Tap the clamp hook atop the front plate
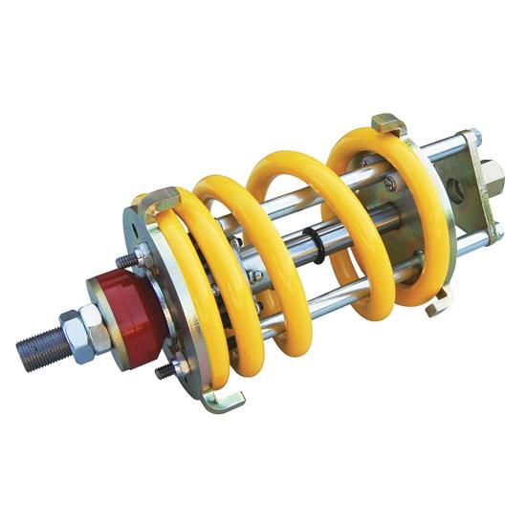point(163,199)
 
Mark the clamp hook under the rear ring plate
point(439,305)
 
